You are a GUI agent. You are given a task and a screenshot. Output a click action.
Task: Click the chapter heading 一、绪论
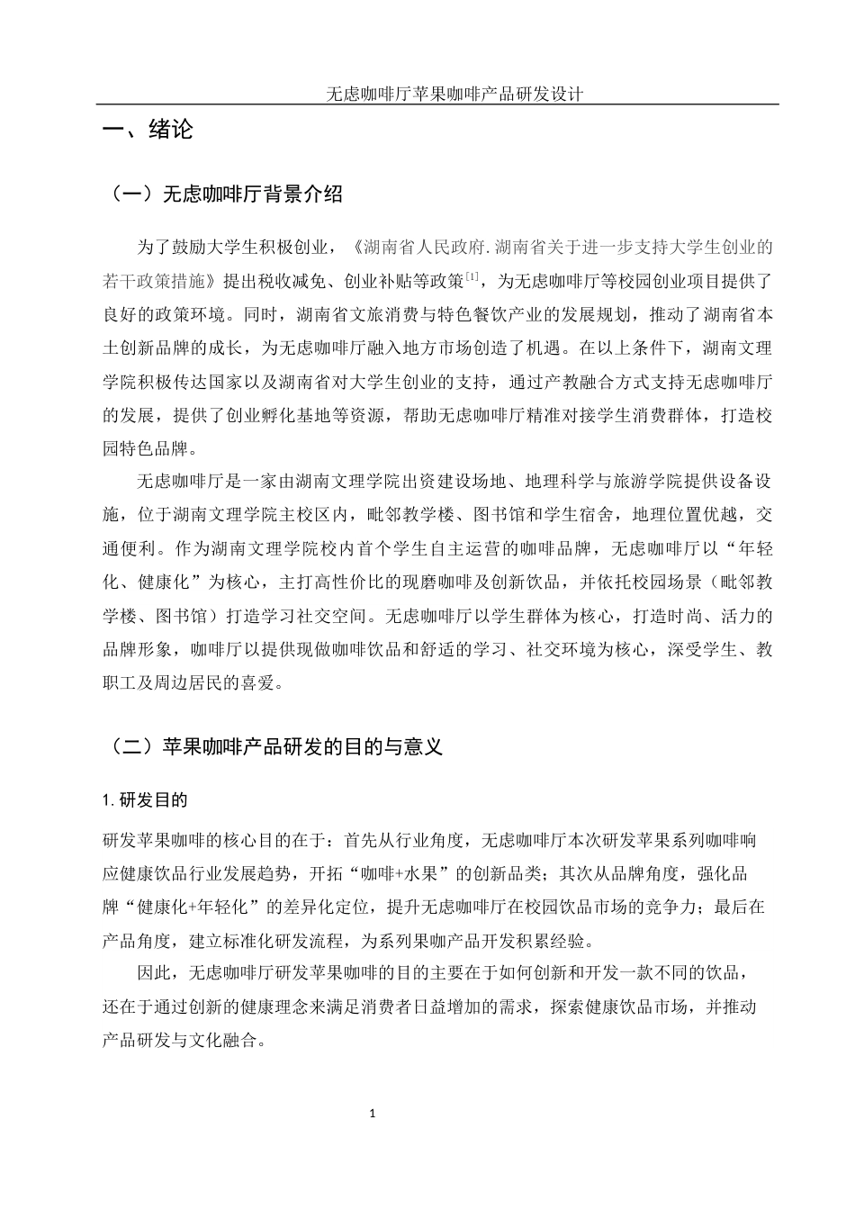[148, 131]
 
